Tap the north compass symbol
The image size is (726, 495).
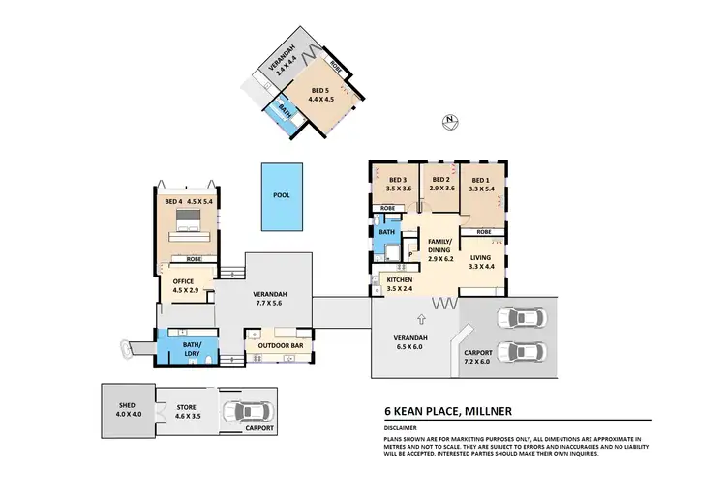pyautogui.click(x=448, y=122)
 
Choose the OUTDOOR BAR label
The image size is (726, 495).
pyautogui.click(x=276, y=345)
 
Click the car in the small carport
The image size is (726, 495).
pyautogui.click(x=242, y=411)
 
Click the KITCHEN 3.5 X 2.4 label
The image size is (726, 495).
pyautogui.click(x=401, y=284)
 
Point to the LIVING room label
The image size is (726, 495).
pyautogui.click(x=481, y=261)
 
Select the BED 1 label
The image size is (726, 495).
pyautogui.click(x=481, y=184)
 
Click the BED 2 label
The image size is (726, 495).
pyautogui.click(x=441, y=184)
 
